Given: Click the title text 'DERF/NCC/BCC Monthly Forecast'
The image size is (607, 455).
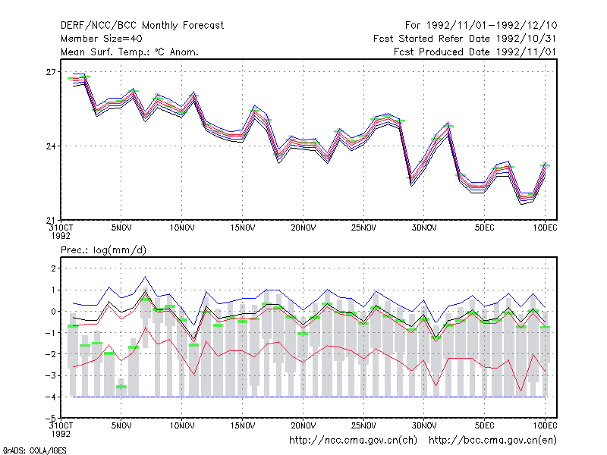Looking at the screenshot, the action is click(x=142, y=26).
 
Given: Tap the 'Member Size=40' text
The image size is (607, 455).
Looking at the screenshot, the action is click(x=102, y=39).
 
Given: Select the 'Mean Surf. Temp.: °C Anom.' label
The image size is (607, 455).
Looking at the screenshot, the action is click(x=130, y=52).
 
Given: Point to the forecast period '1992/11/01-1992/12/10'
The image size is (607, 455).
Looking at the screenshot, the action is click(x=492, y=26).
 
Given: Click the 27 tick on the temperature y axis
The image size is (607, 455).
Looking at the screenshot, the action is click(x=51, y=72).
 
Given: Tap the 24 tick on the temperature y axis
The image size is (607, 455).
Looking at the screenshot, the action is click(x=51, y=146).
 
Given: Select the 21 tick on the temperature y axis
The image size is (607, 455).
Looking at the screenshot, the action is click(x=51, y=221).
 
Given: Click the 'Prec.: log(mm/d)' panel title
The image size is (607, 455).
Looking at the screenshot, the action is click(x=103, y=250).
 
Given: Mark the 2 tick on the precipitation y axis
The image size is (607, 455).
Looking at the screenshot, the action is click(x=53, y=268).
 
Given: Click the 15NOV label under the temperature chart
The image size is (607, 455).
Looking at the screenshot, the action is click(x=243, y=228).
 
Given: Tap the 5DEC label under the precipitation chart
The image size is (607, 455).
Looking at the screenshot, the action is click(x=485, y=425).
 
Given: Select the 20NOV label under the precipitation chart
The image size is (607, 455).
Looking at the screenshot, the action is click(x=303, y=425).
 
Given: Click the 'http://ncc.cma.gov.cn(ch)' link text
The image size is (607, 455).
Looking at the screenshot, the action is click(x=353, y=441).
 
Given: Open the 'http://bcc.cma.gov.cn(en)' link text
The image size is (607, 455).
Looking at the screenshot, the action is click(x=492, y=441).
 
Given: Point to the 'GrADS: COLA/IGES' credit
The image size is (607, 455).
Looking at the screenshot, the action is click(x=34, y=450).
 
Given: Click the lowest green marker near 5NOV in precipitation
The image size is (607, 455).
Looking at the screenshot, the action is click(x=121, y=387).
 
